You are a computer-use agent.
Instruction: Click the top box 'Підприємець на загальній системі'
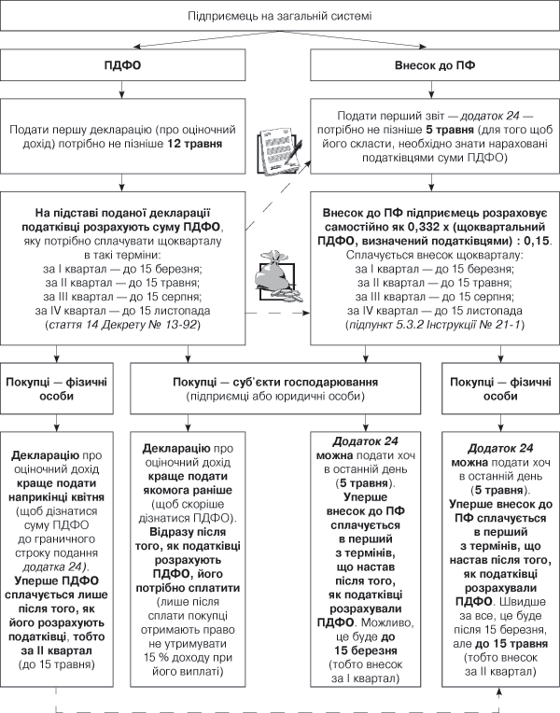pyautogui.click(x=279, y=17)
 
